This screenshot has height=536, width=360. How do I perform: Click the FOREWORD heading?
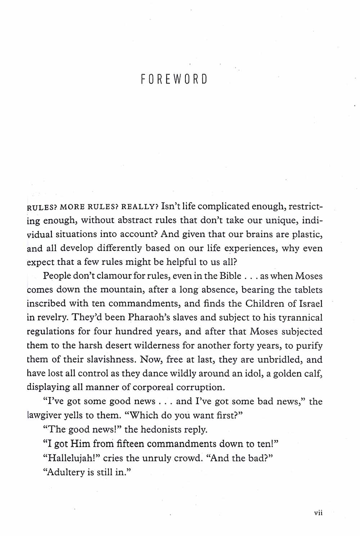[x=174, y=79]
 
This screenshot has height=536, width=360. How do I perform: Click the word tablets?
[x=307, y=290]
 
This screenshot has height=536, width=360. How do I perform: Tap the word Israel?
[x=311, y=303]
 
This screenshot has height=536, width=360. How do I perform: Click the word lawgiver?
[x=44, y=415]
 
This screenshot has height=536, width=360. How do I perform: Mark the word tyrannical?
[x=294, y=318]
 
